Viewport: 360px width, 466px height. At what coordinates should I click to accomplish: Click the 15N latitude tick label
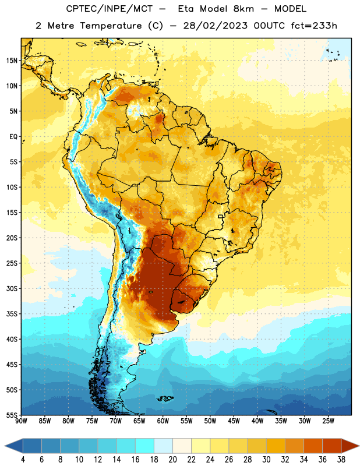pyautogui.click(x=12, y=61)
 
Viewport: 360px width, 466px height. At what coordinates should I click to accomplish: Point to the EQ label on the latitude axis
pyautogui.click(x=13, y=137)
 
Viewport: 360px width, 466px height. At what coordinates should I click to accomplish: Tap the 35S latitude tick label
pyautogui.click(x=12, y=314)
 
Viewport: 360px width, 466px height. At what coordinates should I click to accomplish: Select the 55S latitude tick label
pyautogui.click(x=12, y=415)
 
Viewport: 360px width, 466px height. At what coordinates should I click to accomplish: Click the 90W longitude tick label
pyautogui.click(x=21, y=421)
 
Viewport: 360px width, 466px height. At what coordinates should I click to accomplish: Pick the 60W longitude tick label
pyautogui.click(x=163, y=421)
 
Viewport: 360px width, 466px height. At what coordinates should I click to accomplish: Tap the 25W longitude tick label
pyautogui.click(x=328, y=421)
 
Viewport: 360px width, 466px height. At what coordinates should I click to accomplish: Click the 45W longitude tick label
pyautogui.click(x=234, y=421)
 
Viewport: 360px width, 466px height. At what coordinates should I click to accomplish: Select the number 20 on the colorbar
pyautogui.click(x=172, y=460)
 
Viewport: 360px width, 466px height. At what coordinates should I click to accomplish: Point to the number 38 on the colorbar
pyautogui.click(x=341, y=460)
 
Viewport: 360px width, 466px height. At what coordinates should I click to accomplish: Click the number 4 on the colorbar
pyautogui.click(x=23, y=460)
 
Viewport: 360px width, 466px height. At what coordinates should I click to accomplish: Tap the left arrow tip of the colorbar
pyautogui.click(x=5, y=446)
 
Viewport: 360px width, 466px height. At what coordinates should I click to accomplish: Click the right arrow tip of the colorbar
pyautogui.click(x=359, y=446)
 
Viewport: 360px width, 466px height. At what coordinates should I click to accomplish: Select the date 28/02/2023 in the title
pyautogui.click(x=215, y=26)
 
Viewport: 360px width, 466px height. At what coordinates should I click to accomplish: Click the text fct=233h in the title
pyautogui.click(x=314, y=26)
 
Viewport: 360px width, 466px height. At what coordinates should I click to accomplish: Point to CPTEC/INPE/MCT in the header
pyautogui.click(x=109, y=9)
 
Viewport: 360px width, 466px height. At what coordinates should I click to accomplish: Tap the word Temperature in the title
pyautogui.click(x=111, y=26)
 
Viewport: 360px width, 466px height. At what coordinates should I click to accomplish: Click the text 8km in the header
pyautogui.click(x=243, y=9)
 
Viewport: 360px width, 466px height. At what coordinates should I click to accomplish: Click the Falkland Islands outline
pyautogui.click(x=165, y=398)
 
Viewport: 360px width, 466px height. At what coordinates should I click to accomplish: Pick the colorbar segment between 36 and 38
pyautogui.click(x=331, y=446)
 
